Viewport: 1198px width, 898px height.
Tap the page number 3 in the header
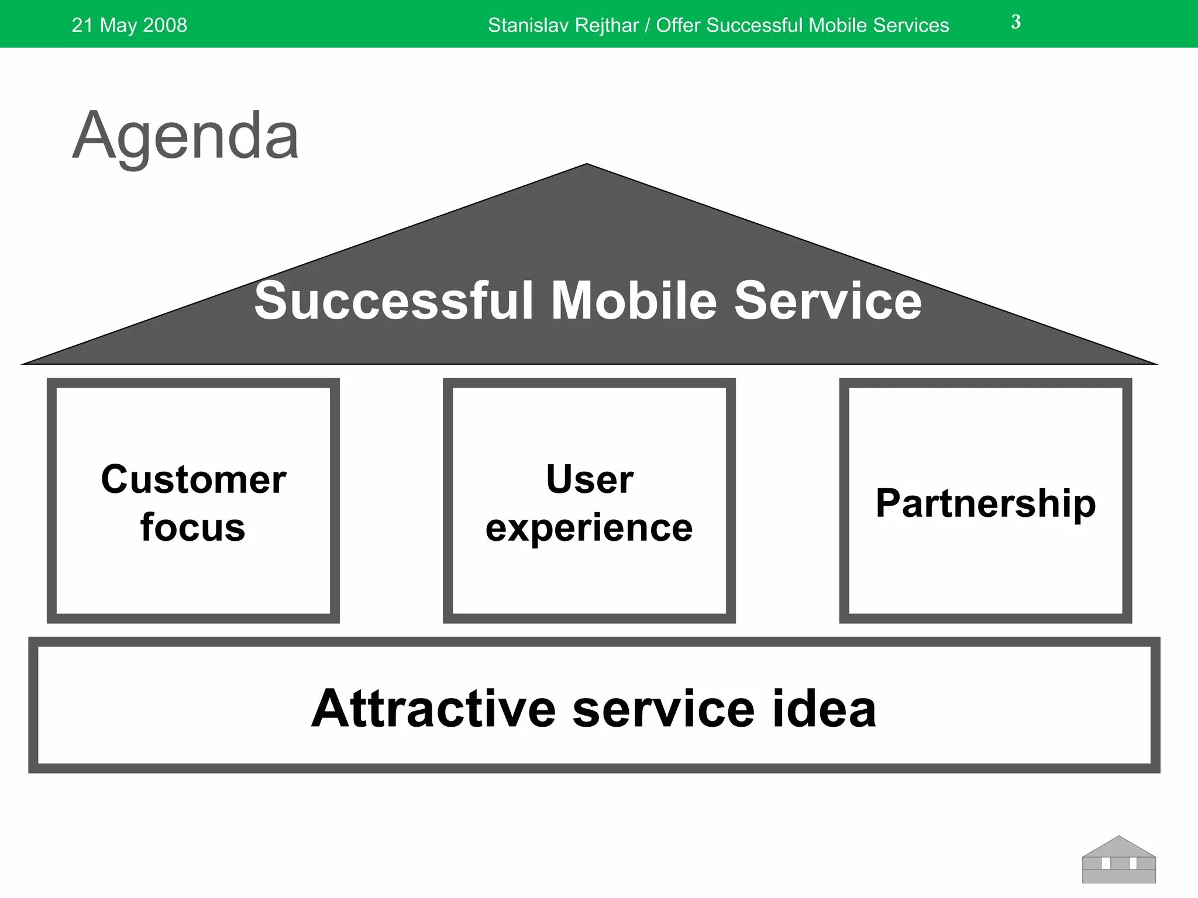point(1015,22)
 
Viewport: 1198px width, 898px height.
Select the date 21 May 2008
point(129,25)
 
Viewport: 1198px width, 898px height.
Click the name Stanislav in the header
point(525,25)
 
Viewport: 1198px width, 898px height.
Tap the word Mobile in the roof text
point(634,301)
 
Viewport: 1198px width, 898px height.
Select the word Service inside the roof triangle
point(828,301)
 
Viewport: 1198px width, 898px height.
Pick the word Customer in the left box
point(194,479)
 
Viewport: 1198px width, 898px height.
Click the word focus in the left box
point(192,527)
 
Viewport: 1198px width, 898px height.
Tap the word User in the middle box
point(589,479)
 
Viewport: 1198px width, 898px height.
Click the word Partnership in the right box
point(986,503)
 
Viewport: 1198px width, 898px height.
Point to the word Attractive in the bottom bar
point(433,709)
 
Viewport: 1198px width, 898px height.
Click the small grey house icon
point(1118,861)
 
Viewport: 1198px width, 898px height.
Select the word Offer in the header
point(679,25)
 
